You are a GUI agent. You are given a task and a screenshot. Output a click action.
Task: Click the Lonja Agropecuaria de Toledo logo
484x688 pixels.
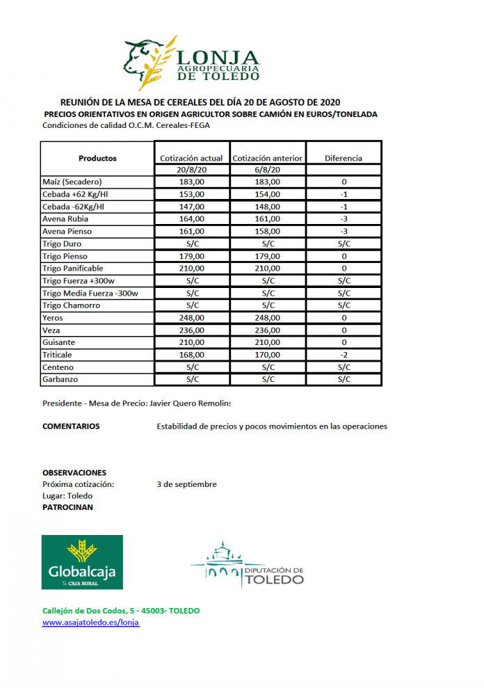[192, 63]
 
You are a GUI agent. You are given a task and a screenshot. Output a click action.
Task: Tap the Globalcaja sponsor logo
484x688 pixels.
[82, 562]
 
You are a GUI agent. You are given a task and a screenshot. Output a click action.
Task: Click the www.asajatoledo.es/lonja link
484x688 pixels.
[91, 623]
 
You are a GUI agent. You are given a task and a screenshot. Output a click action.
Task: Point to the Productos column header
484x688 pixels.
[97, 158]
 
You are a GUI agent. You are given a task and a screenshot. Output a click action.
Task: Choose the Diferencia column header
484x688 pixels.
[344, 158]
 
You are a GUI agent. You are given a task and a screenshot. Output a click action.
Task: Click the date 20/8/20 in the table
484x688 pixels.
[191, 170]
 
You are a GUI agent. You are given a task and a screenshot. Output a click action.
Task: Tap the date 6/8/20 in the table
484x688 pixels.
[267, 170]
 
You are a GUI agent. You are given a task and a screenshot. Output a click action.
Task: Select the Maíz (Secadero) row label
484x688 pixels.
[72, 182]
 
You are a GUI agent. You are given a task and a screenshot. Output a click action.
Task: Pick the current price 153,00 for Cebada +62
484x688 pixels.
[191, 194]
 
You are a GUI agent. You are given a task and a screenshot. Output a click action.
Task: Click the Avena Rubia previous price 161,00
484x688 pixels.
[267, 219]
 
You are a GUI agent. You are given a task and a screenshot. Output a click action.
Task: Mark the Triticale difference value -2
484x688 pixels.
[344, 355]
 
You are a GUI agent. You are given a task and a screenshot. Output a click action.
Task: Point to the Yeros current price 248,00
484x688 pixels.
[191, 318]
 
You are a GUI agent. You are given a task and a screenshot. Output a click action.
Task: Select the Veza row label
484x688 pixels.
[51, 330]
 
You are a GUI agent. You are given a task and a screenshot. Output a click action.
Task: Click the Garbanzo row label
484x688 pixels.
[60, 380]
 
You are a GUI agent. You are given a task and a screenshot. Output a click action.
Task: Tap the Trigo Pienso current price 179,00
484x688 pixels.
[191, 256]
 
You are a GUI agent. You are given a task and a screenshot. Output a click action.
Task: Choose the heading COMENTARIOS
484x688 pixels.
[71, 426]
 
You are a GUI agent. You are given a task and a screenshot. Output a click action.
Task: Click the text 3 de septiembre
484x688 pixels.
[186, 484]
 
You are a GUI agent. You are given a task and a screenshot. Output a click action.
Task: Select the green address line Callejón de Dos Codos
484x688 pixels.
[121, 610]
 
